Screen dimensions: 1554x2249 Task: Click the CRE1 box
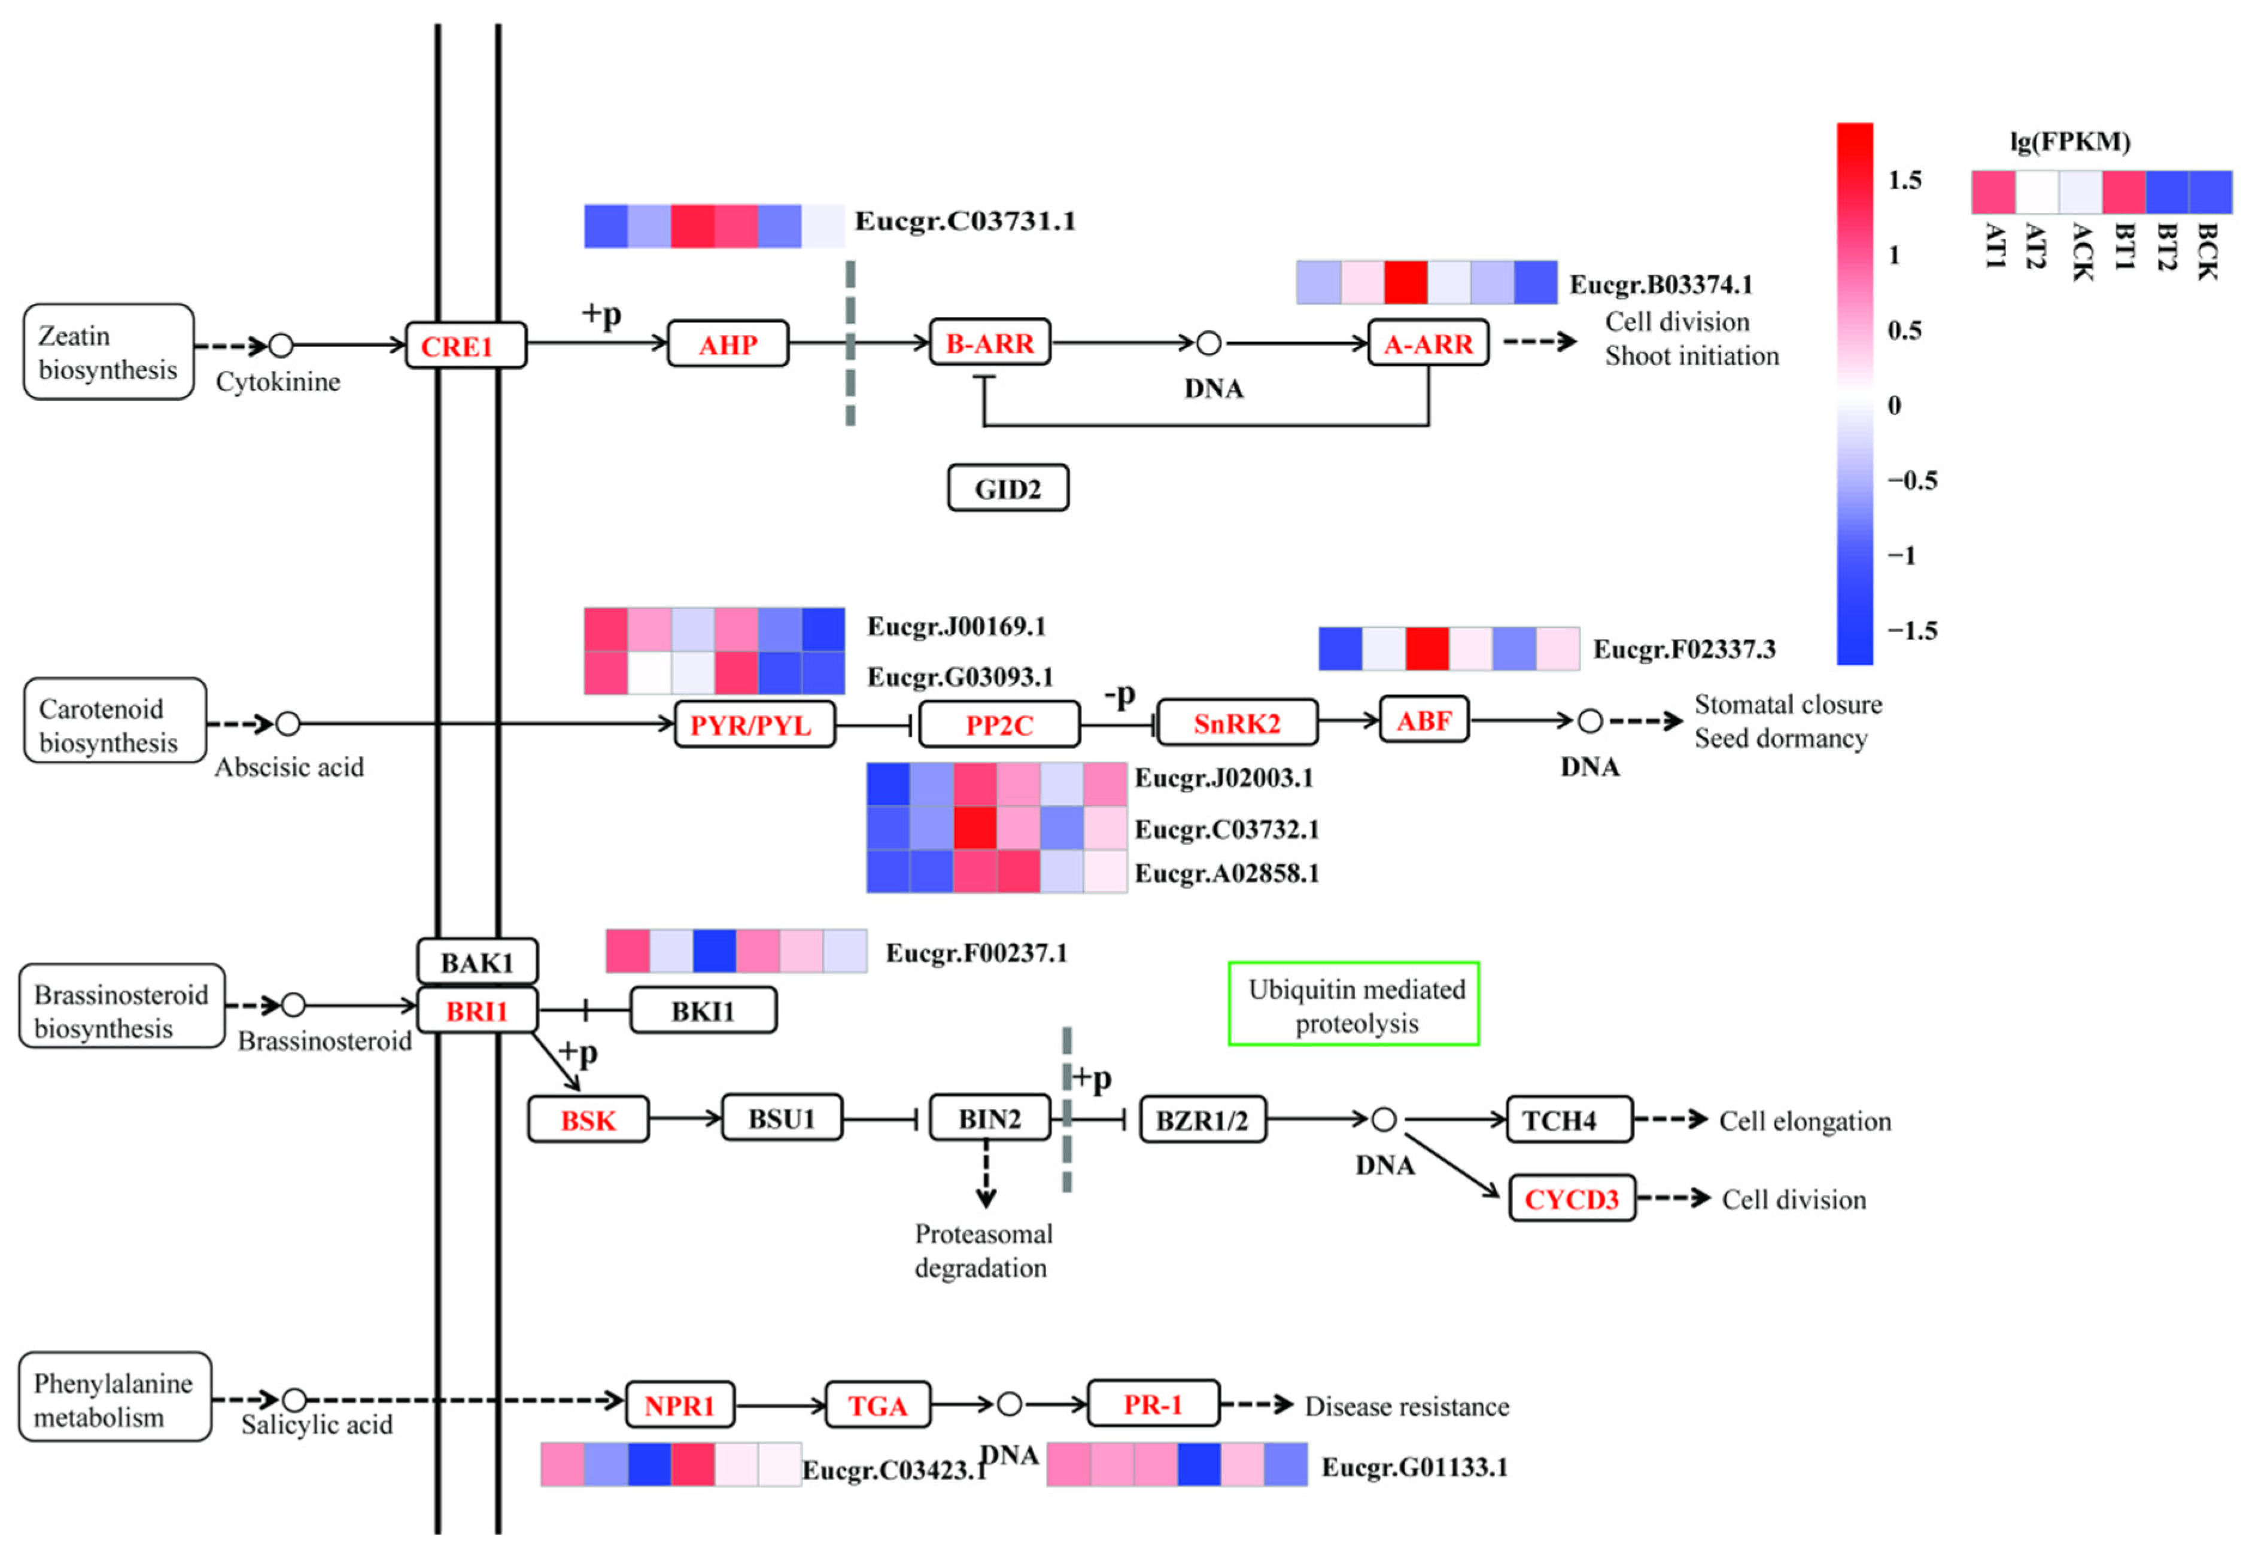466,346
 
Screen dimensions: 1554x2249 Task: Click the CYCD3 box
1570,1199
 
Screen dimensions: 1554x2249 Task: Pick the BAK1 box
476,962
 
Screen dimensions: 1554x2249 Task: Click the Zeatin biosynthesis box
108,352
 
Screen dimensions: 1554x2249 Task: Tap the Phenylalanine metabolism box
114,1399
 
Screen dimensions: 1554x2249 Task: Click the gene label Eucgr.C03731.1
964,221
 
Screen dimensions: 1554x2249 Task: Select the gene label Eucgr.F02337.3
1683,648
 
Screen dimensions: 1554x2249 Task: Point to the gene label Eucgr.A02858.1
1226,873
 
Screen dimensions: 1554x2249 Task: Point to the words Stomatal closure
1788,704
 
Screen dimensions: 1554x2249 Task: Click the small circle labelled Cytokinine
281,346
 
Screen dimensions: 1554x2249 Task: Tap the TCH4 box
1567,1120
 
